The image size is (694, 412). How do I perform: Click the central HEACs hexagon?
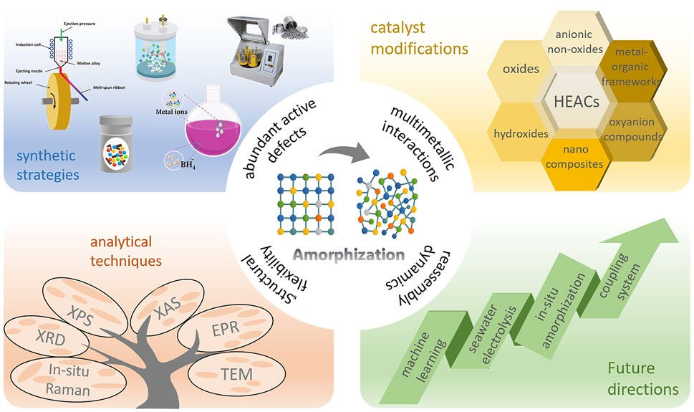pos(577,102)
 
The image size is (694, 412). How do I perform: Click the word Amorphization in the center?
pos(346,254)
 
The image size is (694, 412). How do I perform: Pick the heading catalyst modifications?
pos(419,39)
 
